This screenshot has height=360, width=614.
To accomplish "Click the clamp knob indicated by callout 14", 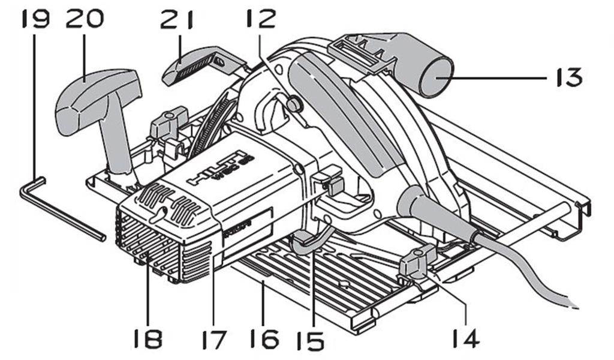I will pyautogui.click(x=417, y=259).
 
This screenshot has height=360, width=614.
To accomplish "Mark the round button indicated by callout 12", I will pyautogui.click(x=293, y=104).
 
